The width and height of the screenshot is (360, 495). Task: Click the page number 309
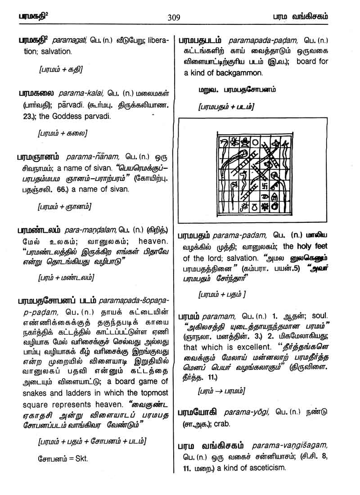coord(174,18)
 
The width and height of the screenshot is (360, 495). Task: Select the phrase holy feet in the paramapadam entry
coord(311,247)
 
